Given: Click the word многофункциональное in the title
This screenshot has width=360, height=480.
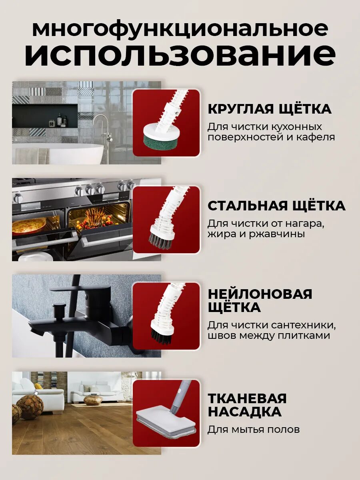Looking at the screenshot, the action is (x=180, y=30).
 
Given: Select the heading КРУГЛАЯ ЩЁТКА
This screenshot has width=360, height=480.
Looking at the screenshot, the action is (x=270, y=109).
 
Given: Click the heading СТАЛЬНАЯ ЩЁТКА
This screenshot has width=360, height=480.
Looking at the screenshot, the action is (x=276, y=206).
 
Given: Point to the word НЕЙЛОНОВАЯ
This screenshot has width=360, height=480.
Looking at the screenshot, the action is (x=260, y=294).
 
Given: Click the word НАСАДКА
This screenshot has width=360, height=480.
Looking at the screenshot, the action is (x=244, y=412).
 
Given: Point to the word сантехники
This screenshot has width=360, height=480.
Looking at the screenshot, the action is (x=303, y=325).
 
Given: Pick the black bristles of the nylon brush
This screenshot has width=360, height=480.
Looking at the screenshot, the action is (x=161, y=335).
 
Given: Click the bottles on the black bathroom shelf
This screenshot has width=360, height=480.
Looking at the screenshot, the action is (x=58, y=120).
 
